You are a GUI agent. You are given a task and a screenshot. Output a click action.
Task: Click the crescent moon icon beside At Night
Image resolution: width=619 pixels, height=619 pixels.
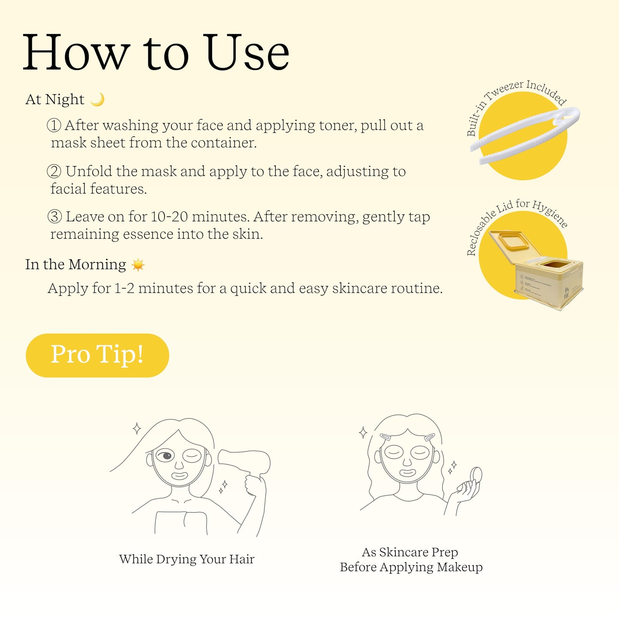click(x=98, y=99)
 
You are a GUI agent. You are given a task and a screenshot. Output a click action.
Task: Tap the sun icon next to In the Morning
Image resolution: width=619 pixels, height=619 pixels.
click(x=138, y=265)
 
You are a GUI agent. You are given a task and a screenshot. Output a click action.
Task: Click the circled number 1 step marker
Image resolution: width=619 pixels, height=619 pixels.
click(x=54, y=125)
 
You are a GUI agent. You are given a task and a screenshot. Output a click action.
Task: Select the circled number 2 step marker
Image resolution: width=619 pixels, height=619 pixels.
click(x=54, y=171)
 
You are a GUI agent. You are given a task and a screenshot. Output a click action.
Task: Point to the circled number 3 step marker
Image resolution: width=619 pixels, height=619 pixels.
click(x=54, y=217)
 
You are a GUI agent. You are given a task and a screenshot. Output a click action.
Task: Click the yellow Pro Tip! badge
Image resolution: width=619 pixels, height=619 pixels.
click(x=97, y=355)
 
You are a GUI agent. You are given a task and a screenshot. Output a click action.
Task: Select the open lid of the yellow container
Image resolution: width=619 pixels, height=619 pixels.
click(x=514, y=246)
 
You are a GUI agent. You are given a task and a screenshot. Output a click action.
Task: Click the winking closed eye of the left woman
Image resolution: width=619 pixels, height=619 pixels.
click(x=192, y=456)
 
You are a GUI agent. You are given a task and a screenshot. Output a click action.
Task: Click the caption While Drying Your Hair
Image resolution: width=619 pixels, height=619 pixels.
click(x=187, y=559)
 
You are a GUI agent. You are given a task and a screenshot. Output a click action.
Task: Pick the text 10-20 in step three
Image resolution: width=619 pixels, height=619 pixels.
click(x=169, y=217)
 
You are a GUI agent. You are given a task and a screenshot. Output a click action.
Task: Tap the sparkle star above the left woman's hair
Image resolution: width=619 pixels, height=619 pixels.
click(x=137, y=428)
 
